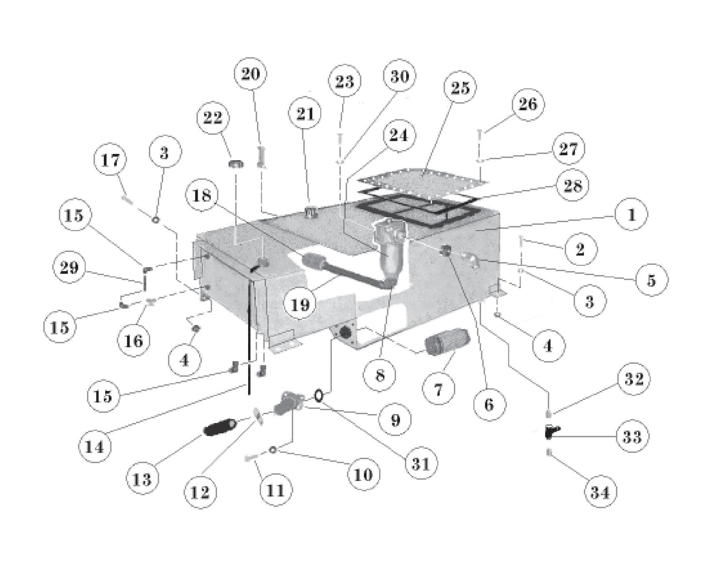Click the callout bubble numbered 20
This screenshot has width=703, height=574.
[251, 74]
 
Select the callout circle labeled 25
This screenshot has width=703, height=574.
[460, 88]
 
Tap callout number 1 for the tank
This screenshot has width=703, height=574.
[631, 215]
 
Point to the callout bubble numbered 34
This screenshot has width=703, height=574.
[600, 492]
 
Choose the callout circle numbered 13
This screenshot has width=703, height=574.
[142, 480]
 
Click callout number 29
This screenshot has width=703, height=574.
[69, 267]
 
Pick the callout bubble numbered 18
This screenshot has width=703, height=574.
[202, 196]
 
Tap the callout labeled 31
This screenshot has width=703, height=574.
[420, 463]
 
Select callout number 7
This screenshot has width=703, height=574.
[438, 389]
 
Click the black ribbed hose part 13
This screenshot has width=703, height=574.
[219, 428]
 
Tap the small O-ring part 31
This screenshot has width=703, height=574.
[319, 395]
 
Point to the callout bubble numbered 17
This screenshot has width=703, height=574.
[110, 160]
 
